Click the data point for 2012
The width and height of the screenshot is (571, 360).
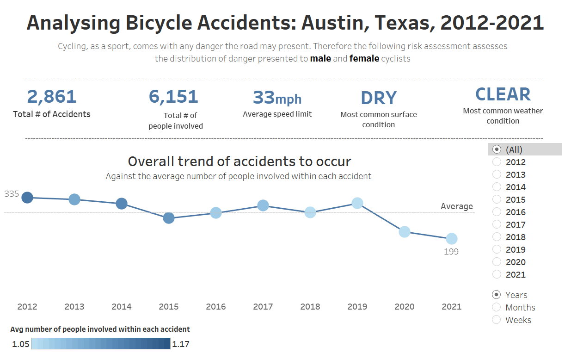coord(27,198)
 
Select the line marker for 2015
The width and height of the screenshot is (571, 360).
coord(169,218)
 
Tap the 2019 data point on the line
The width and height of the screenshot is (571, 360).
coord(357,203)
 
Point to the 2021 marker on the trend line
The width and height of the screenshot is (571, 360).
coord(452,239)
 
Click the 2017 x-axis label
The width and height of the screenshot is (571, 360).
coord(263,306)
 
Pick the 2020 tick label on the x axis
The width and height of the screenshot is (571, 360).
coord(405,306)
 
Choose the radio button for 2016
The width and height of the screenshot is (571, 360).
coord(497,212)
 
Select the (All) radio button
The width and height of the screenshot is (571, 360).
coord(497,149)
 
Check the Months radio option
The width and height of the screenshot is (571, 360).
coord(497,307)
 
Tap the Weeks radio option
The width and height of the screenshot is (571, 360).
coord(497,320)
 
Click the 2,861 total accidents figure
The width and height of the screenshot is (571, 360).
coord(52,97)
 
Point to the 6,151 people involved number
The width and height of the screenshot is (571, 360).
coord(173,97)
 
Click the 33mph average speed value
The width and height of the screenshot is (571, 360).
coord(277,98)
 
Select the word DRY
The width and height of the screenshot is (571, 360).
coord(379,98)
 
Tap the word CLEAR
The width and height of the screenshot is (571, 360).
coord(503,94)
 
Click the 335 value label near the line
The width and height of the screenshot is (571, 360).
coord(12,194)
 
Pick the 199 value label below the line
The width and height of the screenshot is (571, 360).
coord(451,252)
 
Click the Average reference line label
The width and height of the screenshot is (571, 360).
coord(457,206)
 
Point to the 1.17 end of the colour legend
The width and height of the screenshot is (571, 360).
coord(180,344)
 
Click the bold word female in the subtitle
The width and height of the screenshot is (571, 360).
coord(364,59)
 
